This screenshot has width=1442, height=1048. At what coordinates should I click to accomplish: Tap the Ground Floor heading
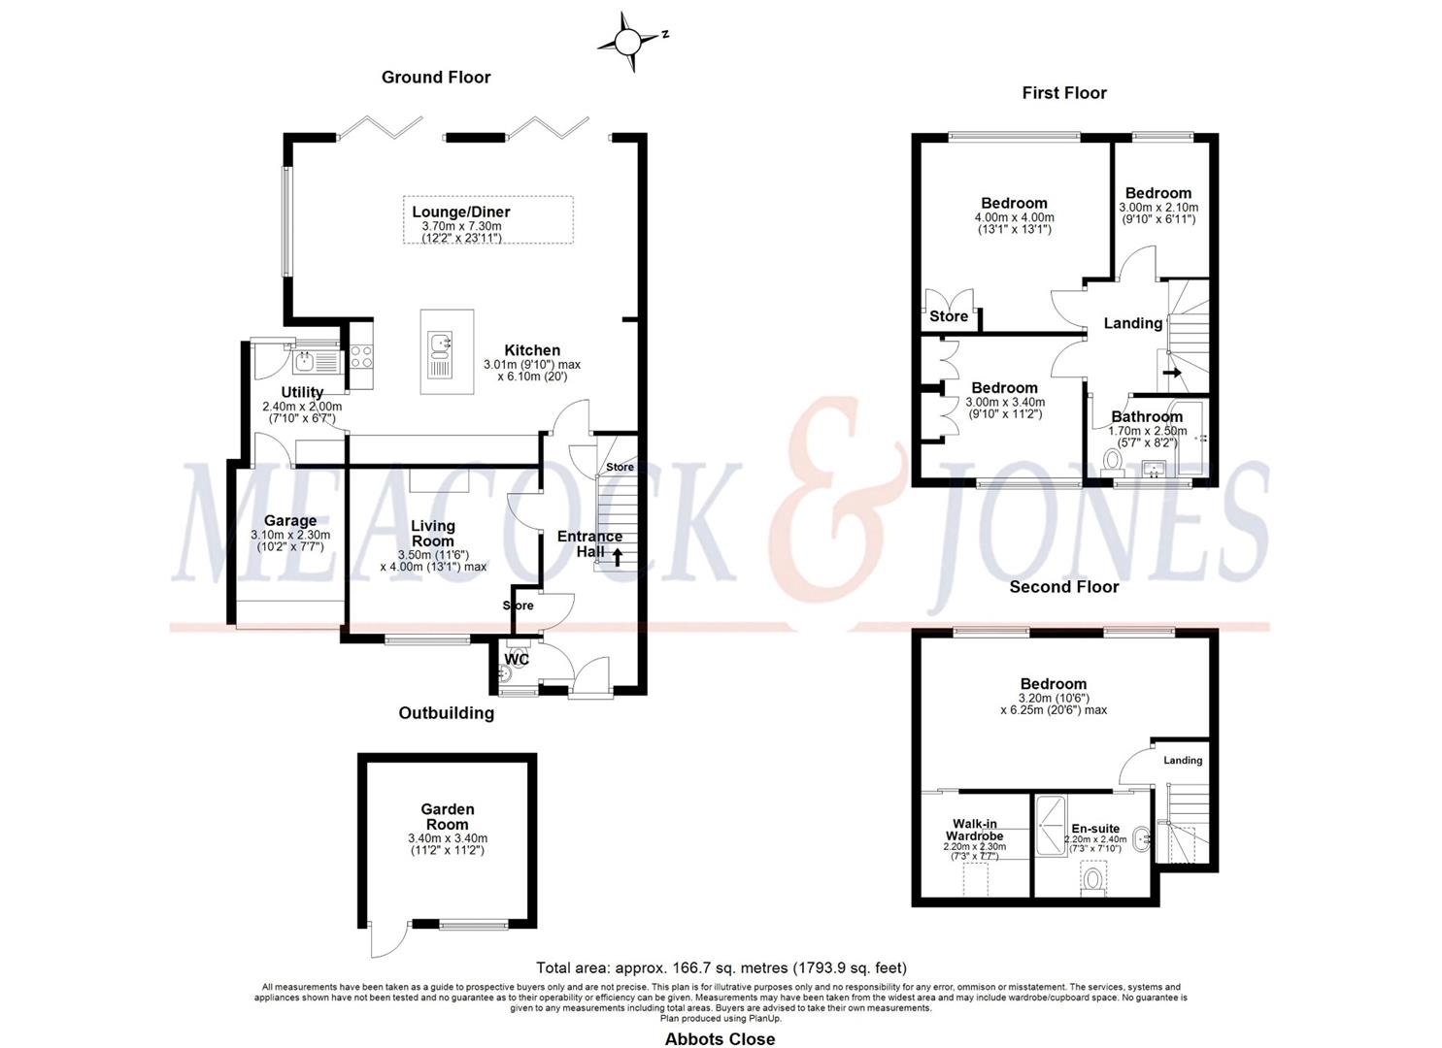point(436,78)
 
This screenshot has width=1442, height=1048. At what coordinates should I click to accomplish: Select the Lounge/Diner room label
point(460,212)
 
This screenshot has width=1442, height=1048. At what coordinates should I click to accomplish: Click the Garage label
point(289,521)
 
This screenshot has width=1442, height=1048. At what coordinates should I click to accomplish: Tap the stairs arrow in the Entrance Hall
point(617,556)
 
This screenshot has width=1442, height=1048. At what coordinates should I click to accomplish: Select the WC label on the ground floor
point(517,660)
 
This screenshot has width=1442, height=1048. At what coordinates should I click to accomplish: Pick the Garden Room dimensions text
point(447,844)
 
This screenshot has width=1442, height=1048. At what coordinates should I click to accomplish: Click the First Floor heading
point(1064,93)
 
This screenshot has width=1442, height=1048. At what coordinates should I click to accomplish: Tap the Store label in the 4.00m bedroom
point(949,316)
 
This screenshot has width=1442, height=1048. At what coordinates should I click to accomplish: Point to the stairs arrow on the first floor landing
point(1172,372)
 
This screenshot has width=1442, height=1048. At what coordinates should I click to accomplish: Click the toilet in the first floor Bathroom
point(1114,459)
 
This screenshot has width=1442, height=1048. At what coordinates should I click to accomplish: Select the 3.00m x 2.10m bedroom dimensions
point(1158,213)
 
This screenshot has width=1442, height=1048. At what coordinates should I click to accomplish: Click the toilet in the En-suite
point(1092,880)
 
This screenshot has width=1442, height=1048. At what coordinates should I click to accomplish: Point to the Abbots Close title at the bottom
point(720,1039)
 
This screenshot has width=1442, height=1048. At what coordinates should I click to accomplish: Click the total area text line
point(721,967)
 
